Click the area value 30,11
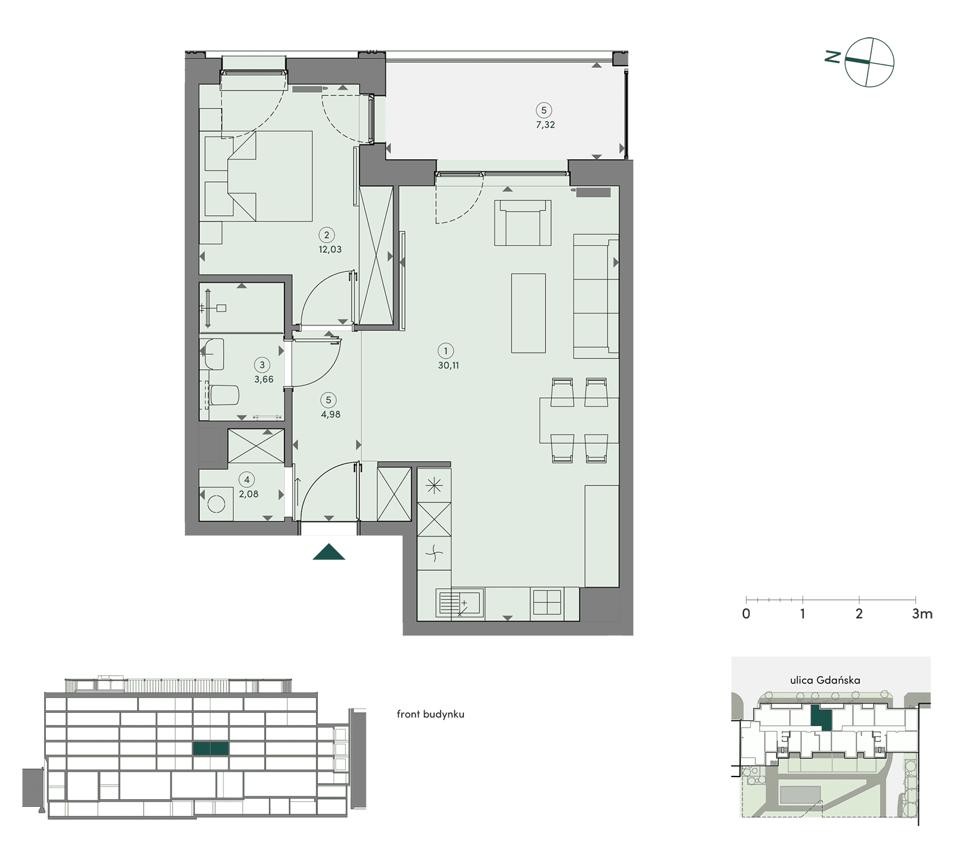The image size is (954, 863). (x=448, y=366)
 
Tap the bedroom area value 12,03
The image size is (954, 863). (x=330, y=249)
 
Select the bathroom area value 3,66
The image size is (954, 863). (x=264, y=379)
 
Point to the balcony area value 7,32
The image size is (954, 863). (x=545, y=125)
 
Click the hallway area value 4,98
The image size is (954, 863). (x=331, y=415)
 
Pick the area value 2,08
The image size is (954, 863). (x=249, y=494)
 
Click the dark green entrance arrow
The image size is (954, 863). (x=329, y=552)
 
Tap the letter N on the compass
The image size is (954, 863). (x=832, y=57)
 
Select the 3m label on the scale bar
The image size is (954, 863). (x=922, y=614)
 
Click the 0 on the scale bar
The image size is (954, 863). (x=746, y=614)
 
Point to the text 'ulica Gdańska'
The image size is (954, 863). (x=825, y=680)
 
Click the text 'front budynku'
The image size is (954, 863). (x=430, y=714)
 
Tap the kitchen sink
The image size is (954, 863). (x=460, y=603)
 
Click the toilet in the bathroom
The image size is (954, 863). (x=224, y=395)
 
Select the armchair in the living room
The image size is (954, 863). (x=523, y=223)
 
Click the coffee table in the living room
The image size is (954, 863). (x=528, y=313)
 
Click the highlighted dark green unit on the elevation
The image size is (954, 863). (x=210, y=748)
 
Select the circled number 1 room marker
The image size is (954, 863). (x=445, y=351)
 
